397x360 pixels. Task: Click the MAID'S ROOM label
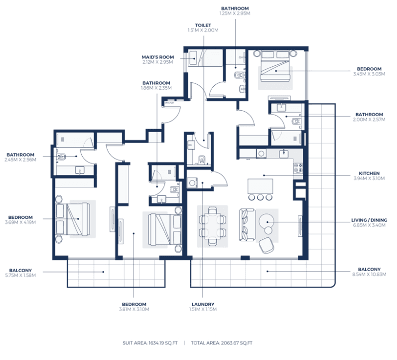coord(157,57)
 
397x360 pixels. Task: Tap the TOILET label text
coord(203,25)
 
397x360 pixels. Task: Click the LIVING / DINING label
coord(369,220)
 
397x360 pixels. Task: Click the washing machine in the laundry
coord(192,183)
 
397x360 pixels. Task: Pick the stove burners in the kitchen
coord(298,169)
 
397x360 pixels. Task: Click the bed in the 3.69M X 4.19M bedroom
coord(71,219)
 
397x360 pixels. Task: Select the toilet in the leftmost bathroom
coord(62,158)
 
